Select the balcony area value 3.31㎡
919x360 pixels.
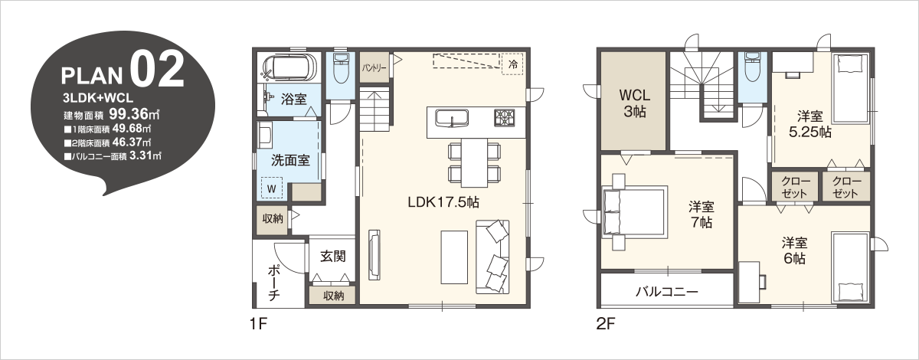[146, 156]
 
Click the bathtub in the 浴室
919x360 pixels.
[289, 66]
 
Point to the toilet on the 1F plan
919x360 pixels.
[341, 69]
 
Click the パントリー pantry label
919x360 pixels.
[374, 67]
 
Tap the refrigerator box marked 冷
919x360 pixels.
[513, 64]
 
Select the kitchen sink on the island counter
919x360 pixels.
[451, 117]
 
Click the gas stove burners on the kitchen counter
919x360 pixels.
[503, 117]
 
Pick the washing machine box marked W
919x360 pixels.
[272, 188]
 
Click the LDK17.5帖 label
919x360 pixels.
[443, 202]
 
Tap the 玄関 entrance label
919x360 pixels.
[332, 257]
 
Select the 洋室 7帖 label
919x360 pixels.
[702, 214]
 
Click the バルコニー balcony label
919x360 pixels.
[667, 292]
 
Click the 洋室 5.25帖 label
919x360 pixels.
[810, 124]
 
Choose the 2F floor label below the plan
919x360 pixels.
[606, 324]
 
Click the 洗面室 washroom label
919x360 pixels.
[290, 160]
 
